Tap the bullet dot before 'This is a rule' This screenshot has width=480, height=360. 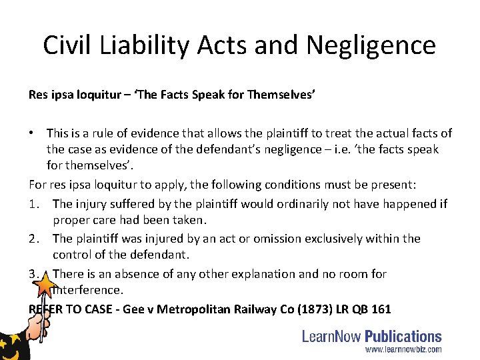(x=33, y=133)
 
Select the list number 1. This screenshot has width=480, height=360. (x=34, y=203)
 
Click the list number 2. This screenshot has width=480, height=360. (x=34, y=238)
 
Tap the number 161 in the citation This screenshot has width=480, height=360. (x=379, y=309)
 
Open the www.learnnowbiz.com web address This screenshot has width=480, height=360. (x=403, y=349)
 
